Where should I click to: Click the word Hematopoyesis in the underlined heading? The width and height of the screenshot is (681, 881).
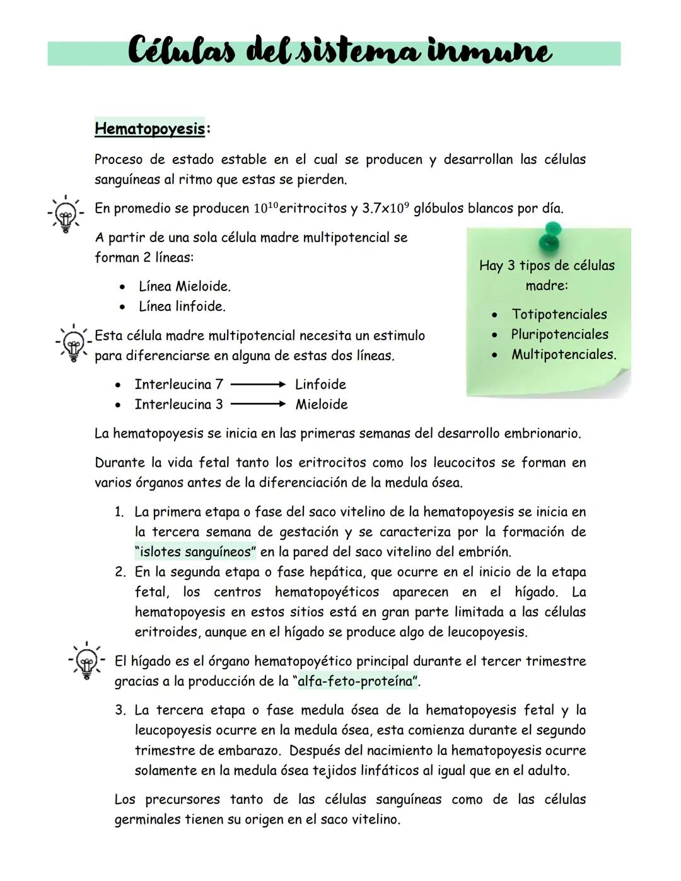pos(149,129)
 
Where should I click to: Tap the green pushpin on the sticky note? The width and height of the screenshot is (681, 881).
pos(552,234)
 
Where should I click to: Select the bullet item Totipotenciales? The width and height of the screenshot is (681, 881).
pos(559,314)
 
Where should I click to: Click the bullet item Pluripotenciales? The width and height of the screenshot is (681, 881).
pos(559,334)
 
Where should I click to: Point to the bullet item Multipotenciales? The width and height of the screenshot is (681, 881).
pos(563,354)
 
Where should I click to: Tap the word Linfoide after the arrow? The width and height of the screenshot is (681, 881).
pos(320,385)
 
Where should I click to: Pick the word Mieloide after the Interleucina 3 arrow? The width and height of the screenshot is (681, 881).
pos(322,405)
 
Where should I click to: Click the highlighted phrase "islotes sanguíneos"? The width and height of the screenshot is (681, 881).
pos(195,552)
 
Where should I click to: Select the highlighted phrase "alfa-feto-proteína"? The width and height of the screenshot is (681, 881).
pos(357,681)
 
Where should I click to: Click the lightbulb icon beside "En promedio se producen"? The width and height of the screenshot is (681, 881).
pos(64,214)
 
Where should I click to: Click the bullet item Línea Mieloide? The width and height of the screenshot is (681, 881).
pos(184,286)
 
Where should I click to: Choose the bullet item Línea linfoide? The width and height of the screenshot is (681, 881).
pos(182,306)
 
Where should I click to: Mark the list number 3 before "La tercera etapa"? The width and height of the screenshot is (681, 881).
pos(120,711)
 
